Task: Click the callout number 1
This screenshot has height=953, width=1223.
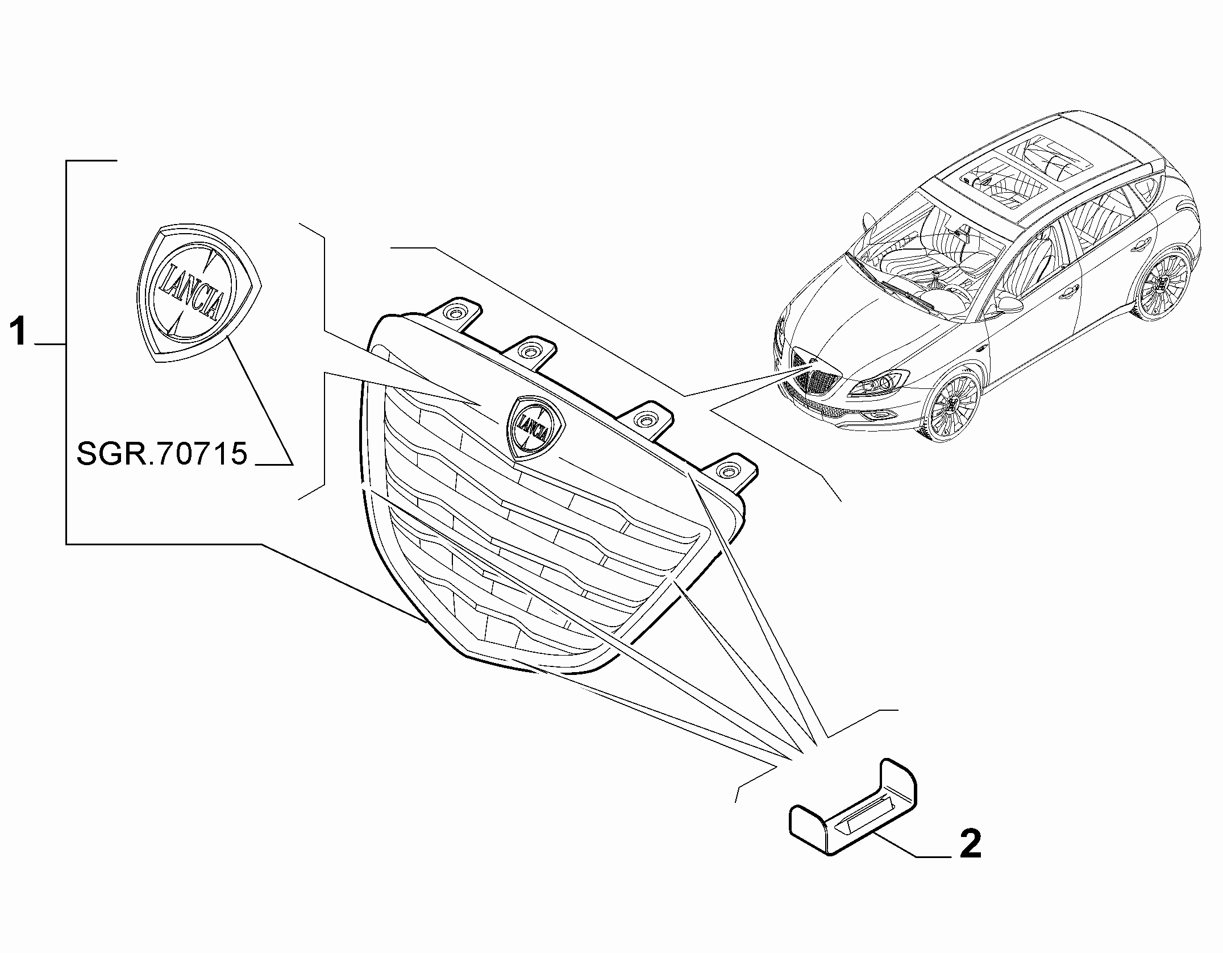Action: (19, 332)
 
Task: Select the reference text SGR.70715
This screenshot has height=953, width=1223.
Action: (162, 454)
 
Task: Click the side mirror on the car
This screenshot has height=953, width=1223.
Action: (1004, 303)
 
